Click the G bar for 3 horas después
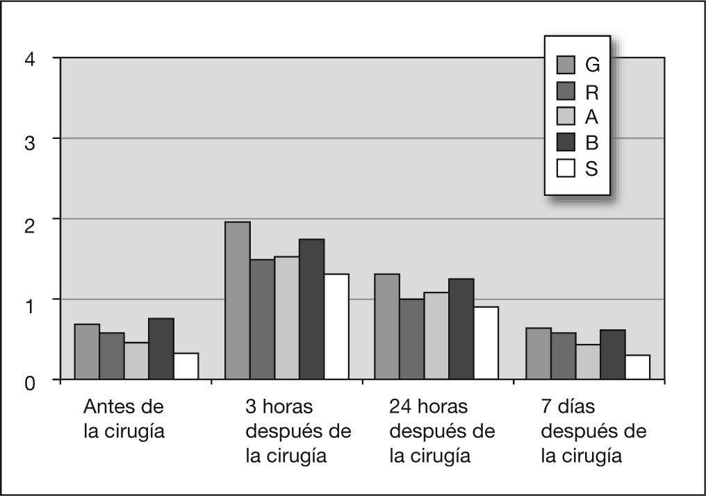(x=238, y=301)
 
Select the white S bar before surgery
(x=186, y=366)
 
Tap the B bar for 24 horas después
(x=461, y=329)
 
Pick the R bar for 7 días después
(x=563, y=356)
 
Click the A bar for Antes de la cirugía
(x=136, y=361)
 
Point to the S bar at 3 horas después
(x=336, y=326)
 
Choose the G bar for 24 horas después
(x=387, y=326)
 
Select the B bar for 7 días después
(x=613, y=355)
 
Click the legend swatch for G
(x=566, y=65)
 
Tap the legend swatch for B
(x=566, y=142)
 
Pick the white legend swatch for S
(x=566, y=169)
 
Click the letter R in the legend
(x=592, y=91)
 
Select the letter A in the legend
(x=592, y=117)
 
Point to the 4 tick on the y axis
(x=29, y=59)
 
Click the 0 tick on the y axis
(x=29, y=381)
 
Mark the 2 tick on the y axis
(x=29, y=220)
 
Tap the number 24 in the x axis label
(x=400, y=406)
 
